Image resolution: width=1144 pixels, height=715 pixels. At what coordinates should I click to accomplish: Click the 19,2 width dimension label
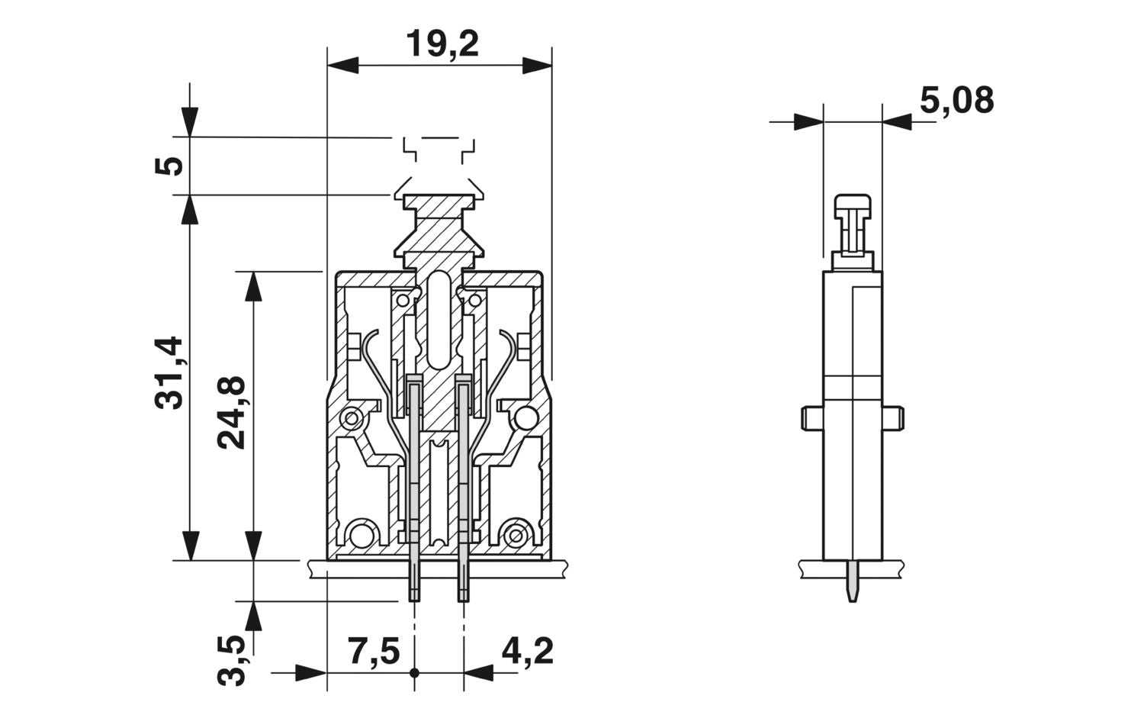pos(442,43)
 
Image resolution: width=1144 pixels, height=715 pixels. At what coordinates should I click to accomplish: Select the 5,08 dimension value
pos(956,101)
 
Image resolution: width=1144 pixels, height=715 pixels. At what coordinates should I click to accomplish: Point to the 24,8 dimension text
pos(232,412)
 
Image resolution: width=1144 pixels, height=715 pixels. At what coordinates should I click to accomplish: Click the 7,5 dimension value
pos(374,652)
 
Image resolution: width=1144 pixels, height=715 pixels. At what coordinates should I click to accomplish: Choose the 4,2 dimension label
pos(527,652)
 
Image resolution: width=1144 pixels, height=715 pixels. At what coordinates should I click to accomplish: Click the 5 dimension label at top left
pos(170,166)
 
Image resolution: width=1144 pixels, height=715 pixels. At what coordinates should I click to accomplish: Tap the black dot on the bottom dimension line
pos(415,673)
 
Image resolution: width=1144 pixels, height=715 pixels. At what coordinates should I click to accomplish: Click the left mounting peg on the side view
pos(811,417)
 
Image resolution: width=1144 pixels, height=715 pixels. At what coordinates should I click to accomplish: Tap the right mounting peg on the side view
pos(893,417)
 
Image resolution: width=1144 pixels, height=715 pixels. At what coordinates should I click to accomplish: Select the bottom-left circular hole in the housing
pos(362,533)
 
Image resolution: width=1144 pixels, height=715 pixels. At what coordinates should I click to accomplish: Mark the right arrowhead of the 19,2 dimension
pos(537,65)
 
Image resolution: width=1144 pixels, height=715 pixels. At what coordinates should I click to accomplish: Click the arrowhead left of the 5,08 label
pos(808,121)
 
